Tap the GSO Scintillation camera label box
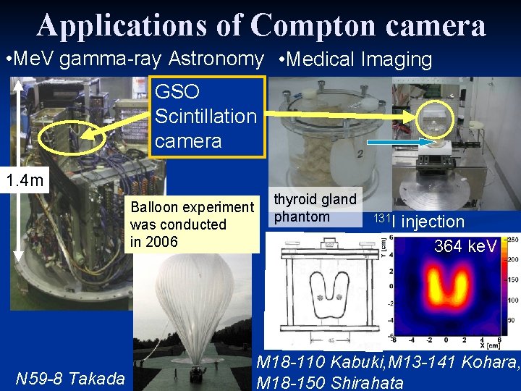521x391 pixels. point(206,116)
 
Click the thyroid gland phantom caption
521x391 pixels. point(314,208)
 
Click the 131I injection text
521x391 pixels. point(420,221)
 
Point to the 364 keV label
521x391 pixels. point(465,246)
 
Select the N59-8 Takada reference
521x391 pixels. point(70,377)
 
